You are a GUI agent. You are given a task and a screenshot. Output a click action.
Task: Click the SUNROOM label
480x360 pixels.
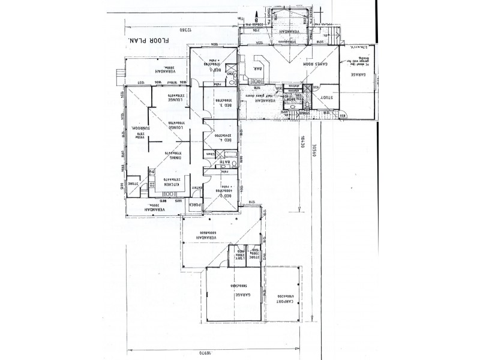137,128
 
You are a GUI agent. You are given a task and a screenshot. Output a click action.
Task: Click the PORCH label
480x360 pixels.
194,205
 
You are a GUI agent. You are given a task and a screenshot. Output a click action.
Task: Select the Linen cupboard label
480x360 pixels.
210,155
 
